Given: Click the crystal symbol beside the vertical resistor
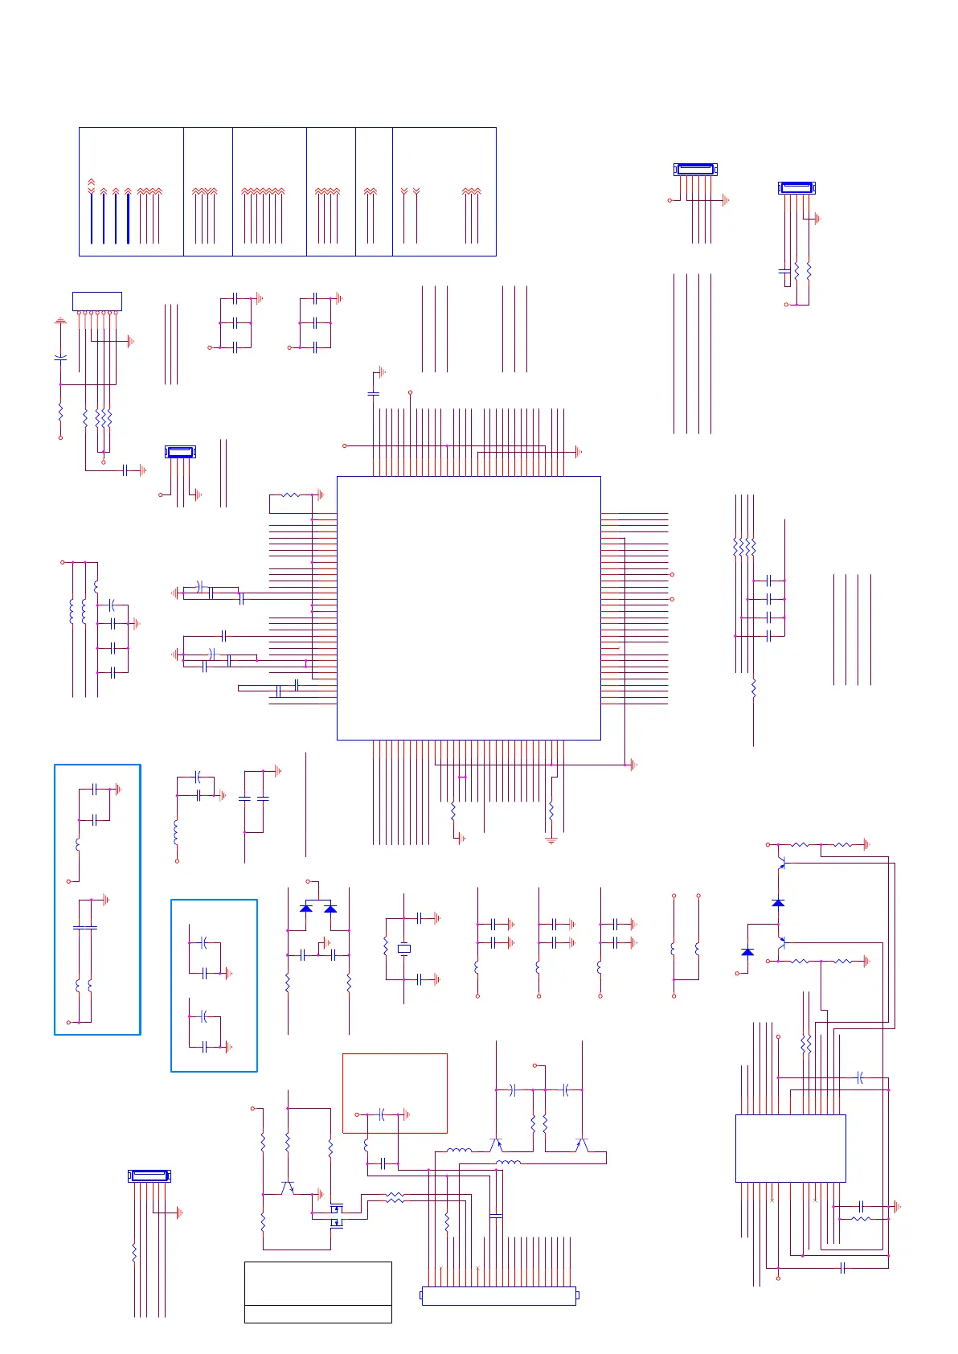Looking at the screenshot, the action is (404, 949).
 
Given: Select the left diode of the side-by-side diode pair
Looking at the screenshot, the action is (305, 909).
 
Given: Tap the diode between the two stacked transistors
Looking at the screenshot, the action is (778, 903).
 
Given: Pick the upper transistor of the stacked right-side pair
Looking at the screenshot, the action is (780, 865).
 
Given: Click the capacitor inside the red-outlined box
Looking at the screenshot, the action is (383, 1114).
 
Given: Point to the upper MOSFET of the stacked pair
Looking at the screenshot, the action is (337, 1208).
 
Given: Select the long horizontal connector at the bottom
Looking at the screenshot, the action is (499, 1295).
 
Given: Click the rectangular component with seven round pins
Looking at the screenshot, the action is (97, 301).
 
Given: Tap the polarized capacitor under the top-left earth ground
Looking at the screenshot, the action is (60, 356).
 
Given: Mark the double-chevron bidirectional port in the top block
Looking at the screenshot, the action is (91, 185).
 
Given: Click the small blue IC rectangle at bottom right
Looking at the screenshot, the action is (790, 1148).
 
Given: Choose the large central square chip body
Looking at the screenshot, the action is (469, 608).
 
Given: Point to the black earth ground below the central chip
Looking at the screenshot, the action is (551, 840).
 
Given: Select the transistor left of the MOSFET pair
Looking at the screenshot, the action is (287, 1188).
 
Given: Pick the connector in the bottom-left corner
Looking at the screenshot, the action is (149, 1176).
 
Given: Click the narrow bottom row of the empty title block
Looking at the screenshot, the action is (317, 1314).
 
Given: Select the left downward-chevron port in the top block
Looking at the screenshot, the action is (404, 191).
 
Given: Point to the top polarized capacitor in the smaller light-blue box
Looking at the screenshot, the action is (204, 942).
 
